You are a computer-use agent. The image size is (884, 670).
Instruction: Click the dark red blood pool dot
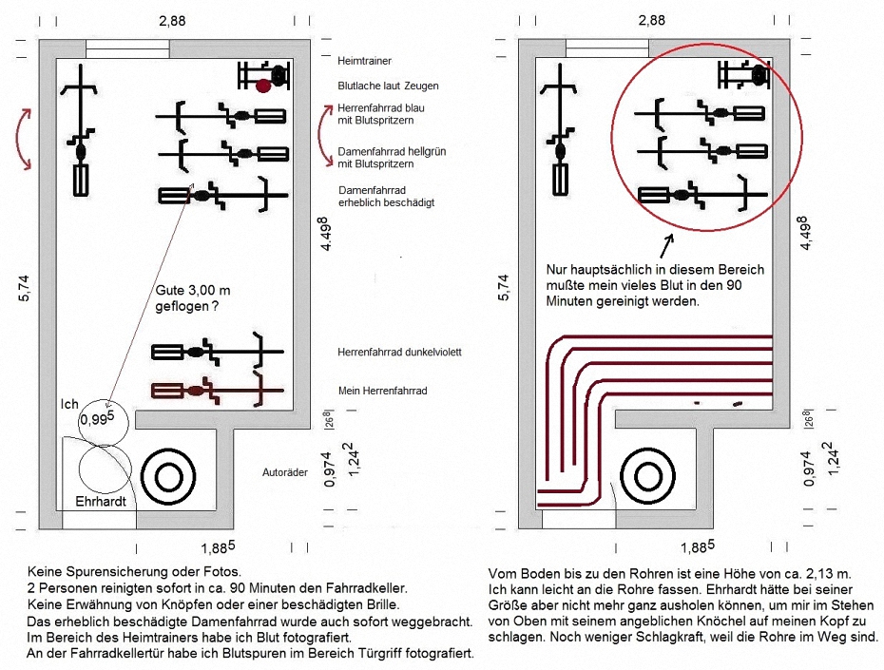point(262,86)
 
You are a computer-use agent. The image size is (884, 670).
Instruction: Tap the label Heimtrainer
point(364,61)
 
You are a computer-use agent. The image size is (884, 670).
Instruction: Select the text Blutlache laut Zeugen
point(388,86)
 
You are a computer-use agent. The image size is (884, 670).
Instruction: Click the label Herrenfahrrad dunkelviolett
point(399,353)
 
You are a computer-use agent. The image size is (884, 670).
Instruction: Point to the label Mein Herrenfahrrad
point(382,391)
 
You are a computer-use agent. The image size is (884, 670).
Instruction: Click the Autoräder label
point(285,472)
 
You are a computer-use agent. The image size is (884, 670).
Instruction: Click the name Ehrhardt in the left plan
point(101,501)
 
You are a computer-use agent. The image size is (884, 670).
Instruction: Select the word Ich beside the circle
point(69,404)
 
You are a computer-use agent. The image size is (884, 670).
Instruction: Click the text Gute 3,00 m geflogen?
point(193,298)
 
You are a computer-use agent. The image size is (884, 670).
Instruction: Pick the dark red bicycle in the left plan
point(218,389)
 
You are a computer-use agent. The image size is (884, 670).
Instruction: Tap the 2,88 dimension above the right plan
point(652,21)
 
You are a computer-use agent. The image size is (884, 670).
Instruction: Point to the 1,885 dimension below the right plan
point(698,546)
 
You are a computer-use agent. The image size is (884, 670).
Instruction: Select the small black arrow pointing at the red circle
point(666,246)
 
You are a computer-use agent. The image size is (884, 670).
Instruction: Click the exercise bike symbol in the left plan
point(264,75)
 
